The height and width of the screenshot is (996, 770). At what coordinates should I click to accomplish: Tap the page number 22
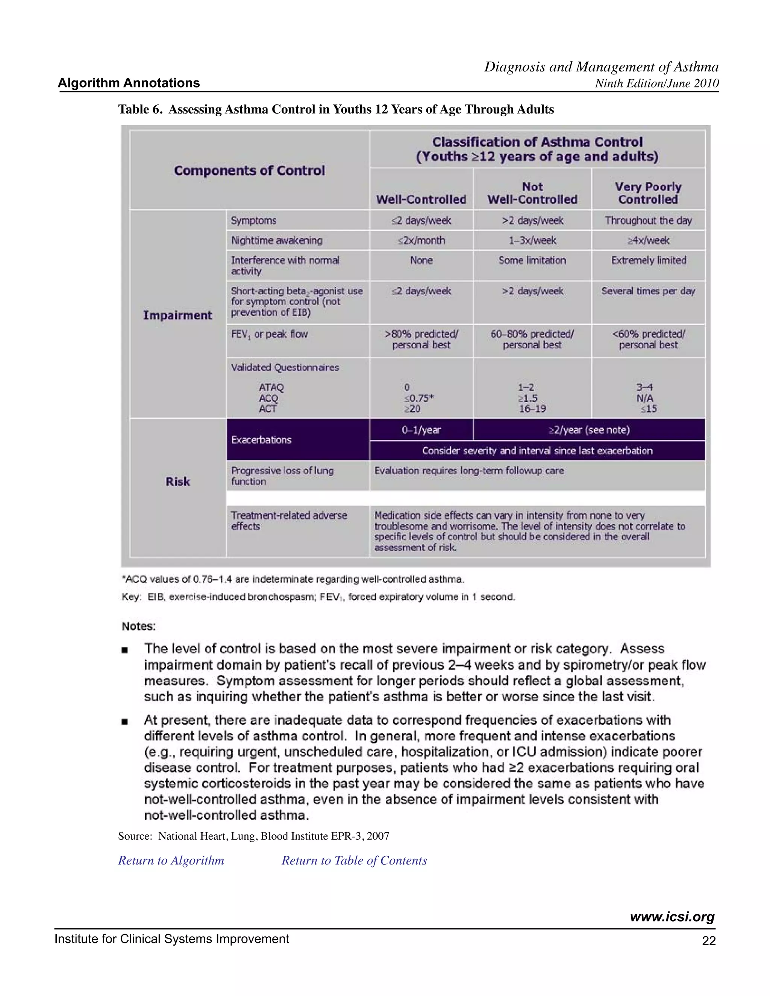[709, 941]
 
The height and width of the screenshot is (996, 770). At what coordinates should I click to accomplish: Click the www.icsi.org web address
[672, 917]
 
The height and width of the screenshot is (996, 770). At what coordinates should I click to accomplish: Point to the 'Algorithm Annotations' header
[129, 83]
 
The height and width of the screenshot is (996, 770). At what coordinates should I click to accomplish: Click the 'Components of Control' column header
[250, 171]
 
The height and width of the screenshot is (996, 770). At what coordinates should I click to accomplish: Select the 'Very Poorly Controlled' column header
[648, 193]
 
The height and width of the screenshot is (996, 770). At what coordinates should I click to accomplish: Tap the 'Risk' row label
[177, 481]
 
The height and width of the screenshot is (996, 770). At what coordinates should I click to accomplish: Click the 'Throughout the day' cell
[648, 220]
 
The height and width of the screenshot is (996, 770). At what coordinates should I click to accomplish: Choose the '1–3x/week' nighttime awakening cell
[532, 240]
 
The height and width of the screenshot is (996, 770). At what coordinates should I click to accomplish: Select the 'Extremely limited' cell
[648, 260]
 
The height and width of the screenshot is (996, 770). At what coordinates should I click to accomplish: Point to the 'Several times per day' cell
[648, 291]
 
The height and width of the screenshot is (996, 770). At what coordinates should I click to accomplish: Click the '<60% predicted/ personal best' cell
[648, 339]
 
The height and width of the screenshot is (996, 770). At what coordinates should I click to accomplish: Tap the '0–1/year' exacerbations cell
[421, 430]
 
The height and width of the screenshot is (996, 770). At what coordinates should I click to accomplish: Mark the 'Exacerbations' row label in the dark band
[261, 440]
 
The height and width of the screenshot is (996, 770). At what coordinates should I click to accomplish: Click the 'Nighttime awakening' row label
[276, 240]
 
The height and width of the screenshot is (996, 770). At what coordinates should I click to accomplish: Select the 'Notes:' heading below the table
[139, 626]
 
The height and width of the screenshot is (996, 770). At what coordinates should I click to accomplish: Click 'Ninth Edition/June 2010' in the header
[657, 83]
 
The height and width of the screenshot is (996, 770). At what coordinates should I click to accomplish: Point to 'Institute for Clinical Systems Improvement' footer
[171, 939]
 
